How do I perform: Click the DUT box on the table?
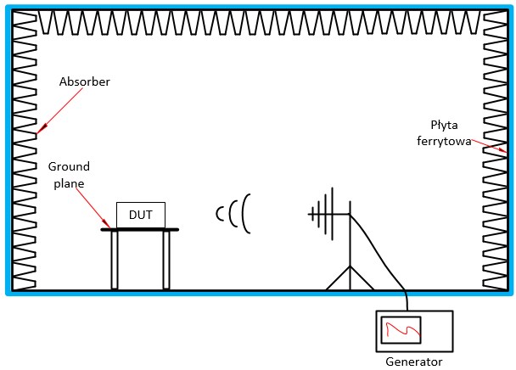tap(140, 215)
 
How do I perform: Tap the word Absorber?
tap(84, 82)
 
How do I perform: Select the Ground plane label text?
tap(69, 174)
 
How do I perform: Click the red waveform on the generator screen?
tap(401, 330)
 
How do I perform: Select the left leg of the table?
tap(115, 260)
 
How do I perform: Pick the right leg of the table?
tap(166, 260)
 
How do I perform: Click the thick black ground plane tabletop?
tap(140, 229)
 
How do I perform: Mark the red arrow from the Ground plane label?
tap(92, 203)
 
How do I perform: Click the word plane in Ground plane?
tap(69, 182)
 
